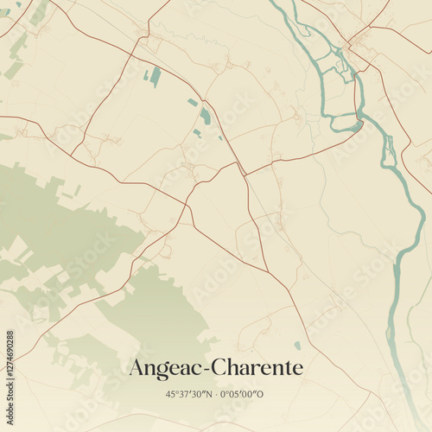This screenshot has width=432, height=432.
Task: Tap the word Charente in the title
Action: pyautogui.click(x=259, y=367)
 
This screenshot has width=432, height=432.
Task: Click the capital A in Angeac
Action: pyautogui.click(x=137, y=367)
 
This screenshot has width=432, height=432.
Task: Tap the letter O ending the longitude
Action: pyautogui.click(x=264, y=394)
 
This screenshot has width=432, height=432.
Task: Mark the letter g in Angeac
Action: pyautogui.click(x=165, y=370)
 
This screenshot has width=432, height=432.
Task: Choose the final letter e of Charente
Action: pyautogui.click(x=298, y=369)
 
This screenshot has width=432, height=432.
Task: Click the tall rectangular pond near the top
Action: pyautogui.click(x=156, y=77)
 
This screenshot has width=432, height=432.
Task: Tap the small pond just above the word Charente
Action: pyautogui.click(x=297, y=346)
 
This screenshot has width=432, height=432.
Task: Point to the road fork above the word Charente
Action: pyautogui.click(x=268, y=273)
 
